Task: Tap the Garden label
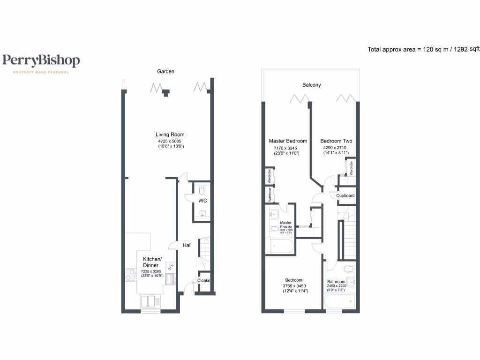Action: click(x=165, y=71)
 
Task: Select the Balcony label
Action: click(x=311, y=85)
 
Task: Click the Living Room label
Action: click(x=170, y=135)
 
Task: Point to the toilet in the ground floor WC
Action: click(x=202, y=190)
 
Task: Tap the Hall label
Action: click(x=187, y=245)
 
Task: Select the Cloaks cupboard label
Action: click(x=203, y=280)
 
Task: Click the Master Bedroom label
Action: click(x=288, y=141)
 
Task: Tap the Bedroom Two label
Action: click(x=336, y=141)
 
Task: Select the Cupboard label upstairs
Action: click(x=345, y=195)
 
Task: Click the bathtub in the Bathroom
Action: click(x=341, y=303)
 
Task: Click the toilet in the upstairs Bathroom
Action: click(x=348, y=269)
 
